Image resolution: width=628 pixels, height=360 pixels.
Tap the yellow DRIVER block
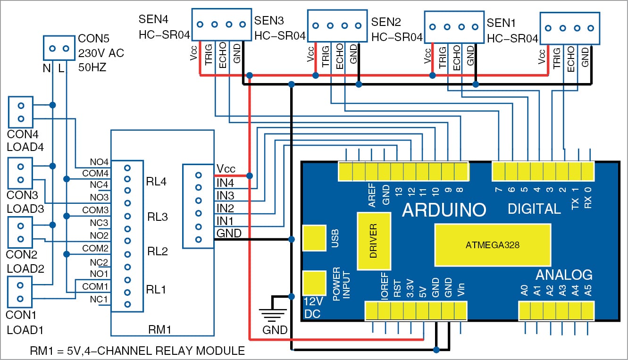click(374, 241)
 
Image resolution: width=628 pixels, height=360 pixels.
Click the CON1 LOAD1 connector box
click(20, 292)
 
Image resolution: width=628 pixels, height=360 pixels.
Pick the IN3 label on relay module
click(225, 195)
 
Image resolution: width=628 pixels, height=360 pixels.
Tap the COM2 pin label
click(96, 248)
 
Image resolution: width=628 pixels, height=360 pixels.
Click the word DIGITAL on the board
click(534, 209)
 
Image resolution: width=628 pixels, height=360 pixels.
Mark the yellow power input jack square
click(314, 283)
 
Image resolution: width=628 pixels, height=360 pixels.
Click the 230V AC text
click(101, 54)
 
